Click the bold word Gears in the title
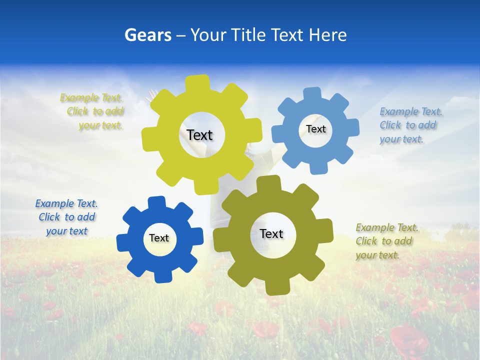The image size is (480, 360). pyautogui.click(x=147, y=35)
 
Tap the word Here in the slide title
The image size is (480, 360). pyautogui.click(x=327, y=35)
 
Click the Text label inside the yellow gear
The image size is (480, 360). pyautogui.click(x=199, y=135)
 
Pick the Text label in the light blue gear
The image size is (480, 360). pyautogui.click(x=315, y=129)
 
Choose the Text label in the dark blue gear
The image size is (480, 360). pyautogui.click(x=159, y=238)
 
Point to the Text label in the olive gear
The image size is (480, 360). pyautogui.click(x=271, y=233)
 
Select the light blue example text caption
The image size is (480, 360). pyautogui.click(x=410, y=125)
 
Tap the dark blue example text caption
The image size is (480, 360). pyautogui.click(x=66, y=217)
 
